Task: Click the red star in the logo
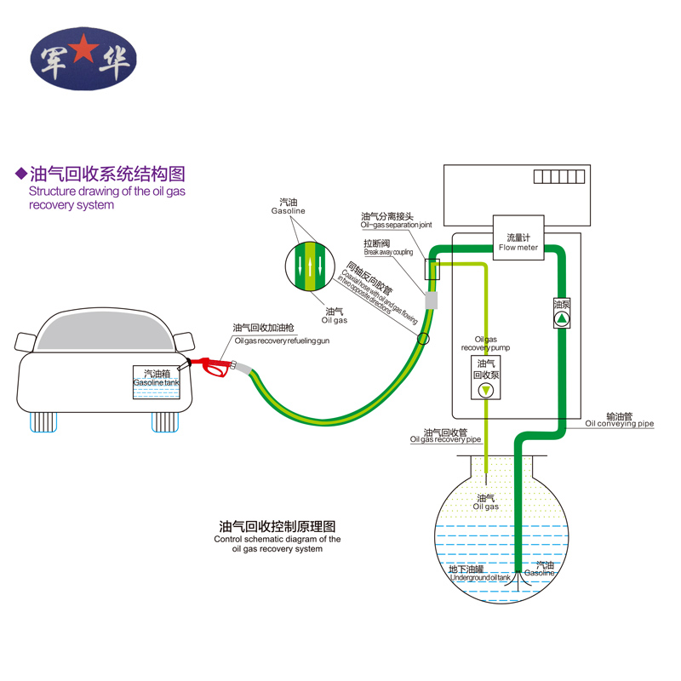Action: [83, 53]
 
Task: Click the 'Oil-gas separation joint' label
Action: [397, 220]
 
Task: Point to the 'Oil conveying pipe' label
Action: [619, 420]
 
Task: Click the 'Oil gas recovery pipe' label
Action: [446, 436]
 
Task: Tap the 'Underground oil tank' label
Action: [479, 574]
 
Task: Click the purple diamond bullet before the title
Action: [21, 175]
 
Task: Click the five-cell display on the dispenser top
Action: [559, 176]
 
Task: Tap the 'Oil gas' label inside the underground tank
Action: [486, 502]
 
